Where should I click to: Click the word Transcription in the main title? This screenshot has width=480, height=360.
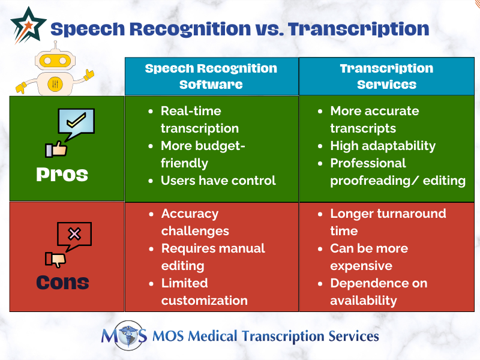(359, 29)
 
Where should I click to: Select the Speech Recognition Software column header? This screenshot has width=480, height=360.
(211, 76)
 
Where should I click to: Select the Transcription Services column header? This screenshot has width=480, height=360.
(386, 76)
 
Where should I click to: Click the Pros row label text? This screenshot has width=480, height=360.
(62, 174)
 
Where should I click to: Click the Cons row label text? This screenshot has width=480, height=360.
(62, 282)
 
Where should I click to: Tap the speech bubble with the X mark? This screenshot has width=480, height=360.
(74, 235)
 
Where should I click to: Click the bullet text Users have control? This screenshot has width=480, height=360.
(218, 180)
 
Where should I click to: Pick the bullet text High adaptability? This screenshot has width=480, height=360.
(383, 146)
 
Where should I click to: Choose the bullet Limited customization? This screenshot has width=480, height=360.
(204, 292)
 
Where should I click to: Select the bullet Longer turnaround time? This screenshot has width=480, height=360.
(387, 222)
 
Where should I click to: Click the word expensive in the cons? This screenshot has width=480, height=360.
(361, 266)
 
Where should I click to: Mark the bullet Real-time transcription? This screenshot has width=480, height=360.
(199, 119)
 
